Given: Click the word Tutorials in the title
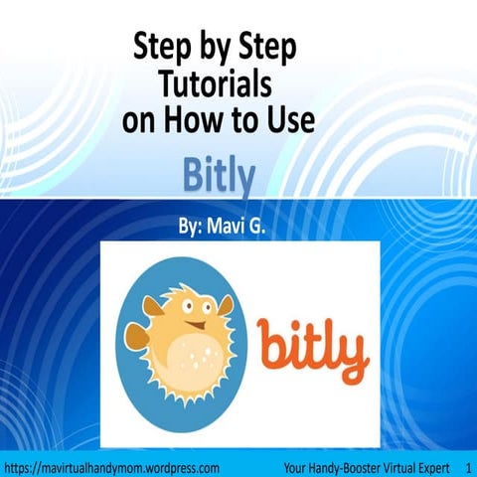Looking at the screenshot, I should pyautogui.click(x=217, y=82).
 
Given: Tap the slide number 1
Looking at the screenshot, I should pyautogui.click(x=467, y=465).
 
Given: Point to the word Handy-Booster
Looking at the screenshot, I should pyautogui.click(x=326, y=465).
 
